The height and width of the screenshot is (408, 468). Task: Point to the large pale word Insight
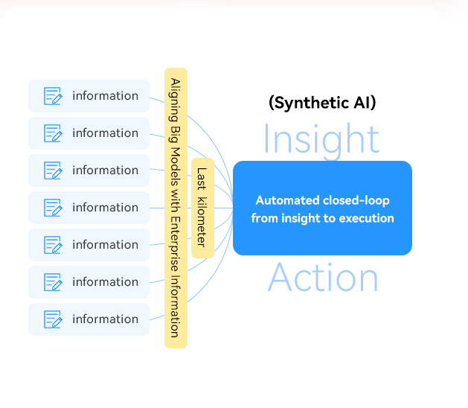tap(321, 140)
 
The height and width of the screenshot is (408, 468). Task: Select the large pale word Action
tap(323, 278)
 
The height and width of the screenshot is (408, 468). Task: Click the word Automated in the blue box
tap(287, 200)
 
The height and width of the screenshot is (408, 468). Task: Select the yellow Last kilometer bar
tap(202, 208)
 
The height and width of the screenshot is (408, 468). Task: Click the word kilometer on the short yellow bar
tap(202, 222)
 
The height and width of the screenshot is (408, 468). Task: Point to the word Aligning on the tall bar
tap(175, 100)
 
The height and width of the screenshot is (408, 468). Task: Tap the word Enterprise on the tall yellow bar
tap(175, 243)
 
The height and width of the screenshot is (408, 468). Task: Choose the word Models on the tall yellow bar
tap(175, 167)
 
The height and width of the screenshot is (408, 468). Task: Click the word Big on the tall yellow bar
tap(175, 134)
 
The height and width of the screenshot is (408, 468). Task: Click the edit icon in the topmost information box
tap(53, 96)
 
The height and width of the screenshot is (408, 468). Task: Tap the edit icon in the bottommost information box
tap(53, 319)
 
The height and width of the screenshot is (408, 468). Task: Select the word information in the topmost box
tap(106, 96)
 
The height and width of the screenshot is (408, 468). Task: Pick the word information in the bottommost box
tap(106, 319)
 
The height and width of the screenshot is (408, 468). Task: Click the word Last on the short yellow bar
tap(202, 179)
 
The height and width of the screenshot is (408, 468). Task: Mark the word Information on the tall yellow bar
tap(175, 307)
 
